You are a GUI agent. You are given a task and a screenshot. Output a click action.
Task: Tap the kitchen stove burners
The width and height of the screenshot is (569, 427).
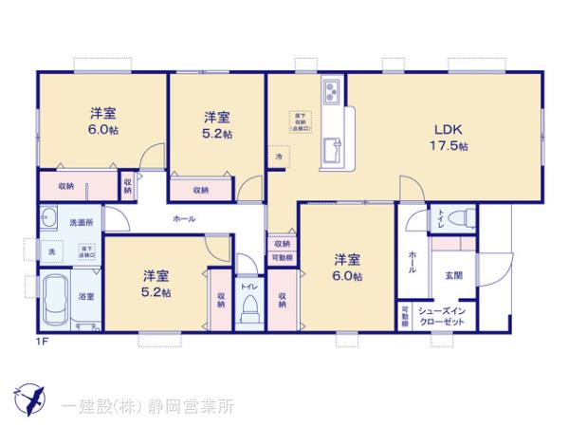click(332, 92)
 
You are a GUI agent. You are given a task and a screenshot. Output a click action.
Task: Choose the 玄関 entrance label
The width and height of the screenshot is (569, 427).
click(453, 275)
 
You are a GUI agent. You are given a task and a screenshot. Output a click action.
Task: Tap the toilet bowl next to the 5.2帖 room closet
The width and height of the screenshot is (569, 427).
click(250, 306)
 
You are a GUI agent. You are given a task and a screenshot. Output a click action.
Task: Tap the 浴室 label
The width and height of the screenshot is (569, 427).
click(85, 296)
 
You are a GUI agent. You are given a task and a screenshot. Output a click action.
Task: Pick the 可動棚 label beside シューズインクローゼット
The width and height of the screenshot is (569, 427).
click(405, 315)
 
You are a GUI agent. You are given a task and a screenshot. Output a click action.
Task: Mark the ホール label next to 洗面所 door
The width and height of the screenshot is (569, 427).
click(184, 219)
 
